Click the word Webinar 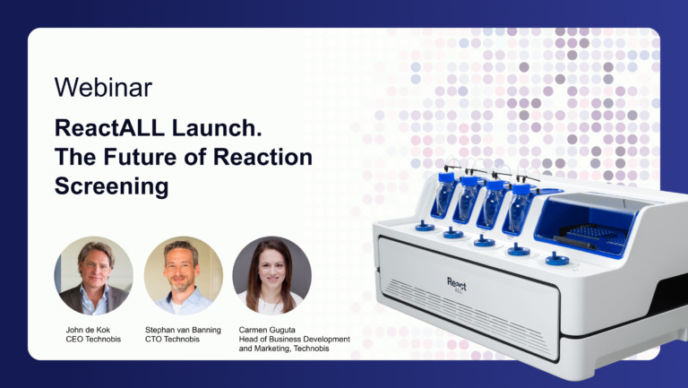pyautogui.click(x=103, y=87)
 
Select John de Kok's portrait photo pyautogui.click(x=93, y=275)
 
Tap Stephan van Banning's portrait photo pyautogui.click(x=184, y=275)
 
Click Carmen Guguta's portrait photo pyautogui.click(x=271, y=275)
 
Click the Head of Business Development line pyautogui.click(x=294, y=340)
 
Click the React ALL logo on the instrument pyautogui.click(x=457, y=285)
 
